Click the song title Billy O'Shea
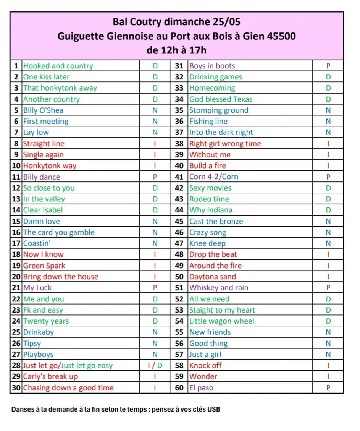coord(43,110)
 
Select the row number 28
coord(16,366)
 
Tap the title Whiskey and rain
coord(219,288)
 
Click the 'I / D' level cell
coord(155,366)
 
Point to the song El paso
coord(201,388)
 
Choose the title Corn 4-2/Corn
coord(214,177)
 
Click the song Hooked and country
coord(58,66)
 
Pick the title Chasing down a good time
coord(68,388)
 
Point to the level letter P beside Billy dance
coord(155,177)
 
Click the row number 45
coord(179,221)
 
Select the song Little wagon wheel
coord(222,321)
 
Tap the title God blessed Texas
coord(221,99)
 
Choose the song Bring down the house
coord(61,277)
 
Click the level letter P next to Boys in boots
coord(328,66)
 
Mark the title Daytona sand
coord(213,277)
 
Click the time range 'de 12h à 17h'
coord(176,50)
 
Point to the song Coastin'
coord(37,243)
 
